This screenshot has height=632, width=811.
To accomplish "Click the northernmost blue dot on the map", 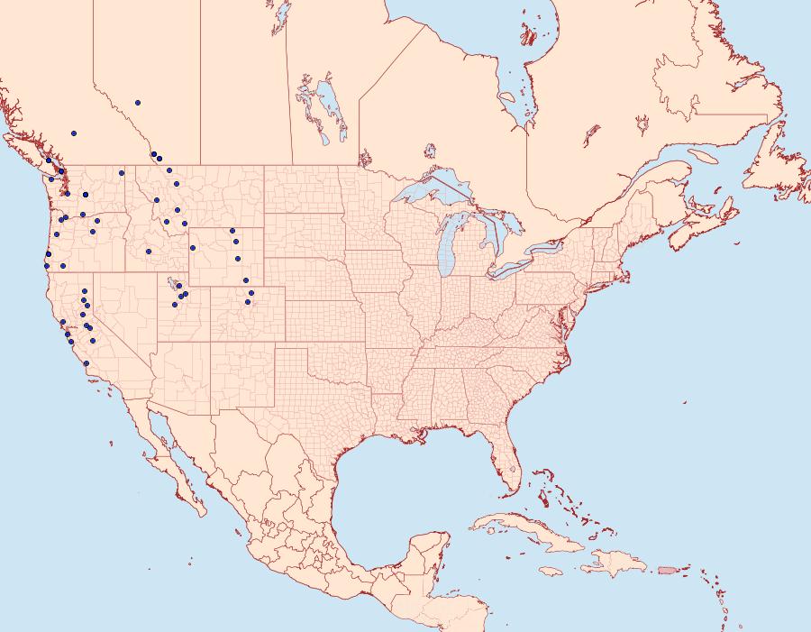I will point(138,103).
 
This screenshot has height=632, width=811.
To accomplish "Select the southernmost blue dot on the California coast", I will point(87,363).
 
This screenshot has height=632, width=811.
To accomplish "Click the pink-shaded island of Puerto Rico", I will point(668,570).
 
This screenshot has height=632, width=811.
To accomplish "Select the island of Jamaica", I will point(553,571).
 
